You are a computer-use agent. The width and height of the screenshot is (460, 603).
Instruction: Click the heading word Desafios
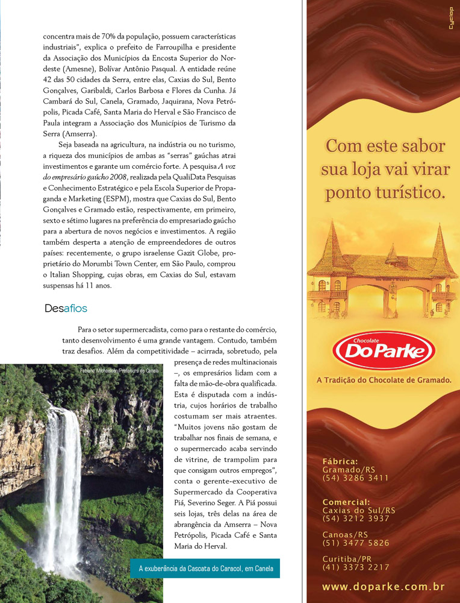tap(66, 309)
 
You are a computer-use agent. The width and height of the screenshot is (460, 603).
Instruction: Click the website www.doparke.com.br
tap(383, 587)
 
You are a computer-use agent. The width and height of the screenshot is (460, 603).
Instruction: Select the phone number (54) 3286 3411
tap(355, 478)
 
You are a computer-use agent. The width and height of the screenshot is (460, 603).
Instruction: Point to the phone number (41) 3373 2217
tap(356, 567)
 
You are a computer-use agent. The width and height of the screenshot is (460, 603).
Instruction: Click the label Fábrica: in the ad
tap(340, 462)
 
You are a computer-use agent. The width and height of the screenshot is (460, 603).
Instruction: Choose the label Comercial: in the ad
tap(346, 502)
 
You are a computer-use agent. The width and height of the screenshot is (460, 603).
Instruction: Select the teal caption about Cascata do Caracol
tap(205, 568)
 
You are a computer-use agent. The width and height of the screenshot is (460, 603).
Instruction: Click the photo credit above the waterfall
tap(119, 370)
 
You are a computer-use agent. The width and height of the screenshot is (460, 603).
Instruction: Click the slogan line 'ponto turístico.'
tap(385, 193)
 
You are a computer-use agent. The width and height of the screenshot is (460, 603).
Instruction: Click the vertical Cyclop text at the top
tap(451, 30)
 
